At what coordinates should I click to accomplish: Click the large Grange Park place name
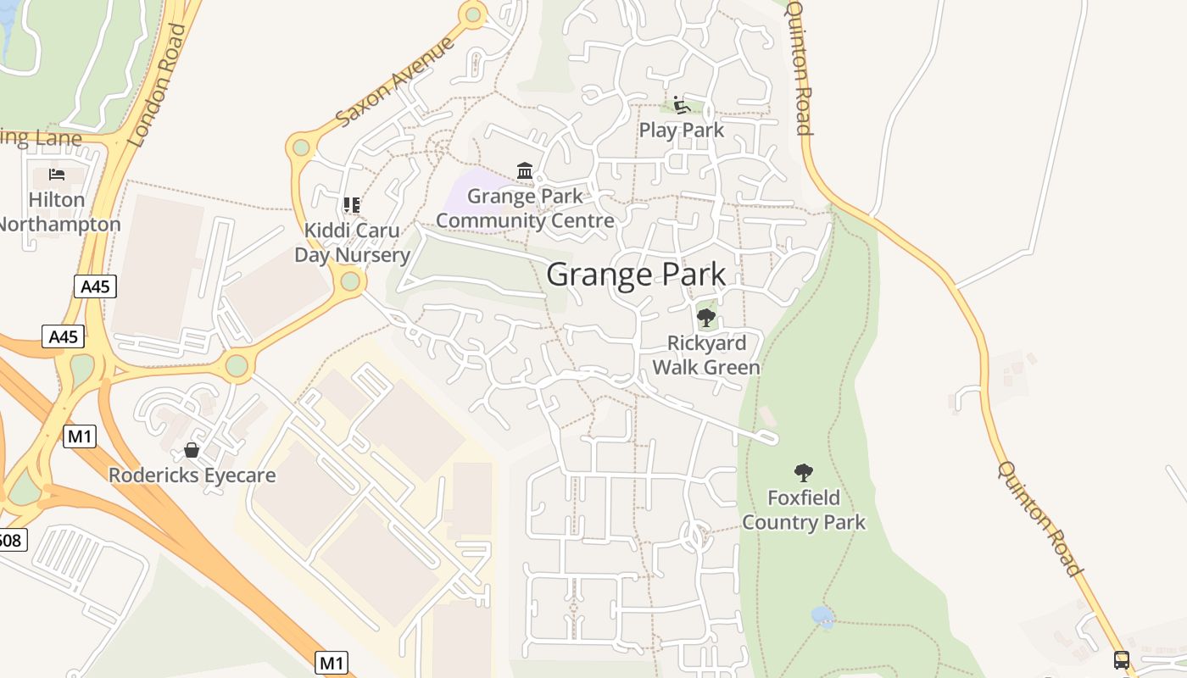coord(636,275)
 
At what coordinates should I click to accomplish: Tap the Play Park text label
coord(682,130)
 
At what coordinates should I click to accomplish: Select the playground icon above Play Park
coord(681,105)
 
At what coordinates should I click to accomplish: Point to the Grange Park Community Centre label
coord(525,208)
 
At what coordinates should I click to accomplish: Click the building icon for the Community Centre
coord(525,172)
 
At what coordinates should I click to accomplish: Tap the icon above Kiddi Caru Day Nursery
coord(351,205)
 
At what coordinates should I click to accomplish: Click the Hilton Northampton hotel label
coord(58,212)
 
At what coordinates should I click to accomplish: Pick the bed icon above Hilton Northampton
coord(57,175)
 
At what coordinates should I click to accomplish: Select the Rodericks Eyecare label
coord(192,475)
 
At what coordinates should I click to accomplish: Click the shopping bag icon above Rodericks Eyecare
coord(192,449)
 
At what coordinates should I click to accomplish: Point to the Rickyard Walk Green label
coord(706,355)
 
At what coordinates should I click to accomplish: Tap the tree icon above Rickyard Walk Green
coord(705,318)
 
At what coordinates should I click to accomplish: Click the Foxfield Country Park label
coord(804,509)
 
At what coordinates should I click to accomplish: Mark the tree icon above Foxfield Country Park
coord(804,473)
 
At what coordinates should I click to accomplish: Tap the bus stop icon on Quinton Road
coord(1122,659)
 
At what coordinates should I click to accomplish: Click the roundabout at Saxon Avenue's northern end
coord(473,14)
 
